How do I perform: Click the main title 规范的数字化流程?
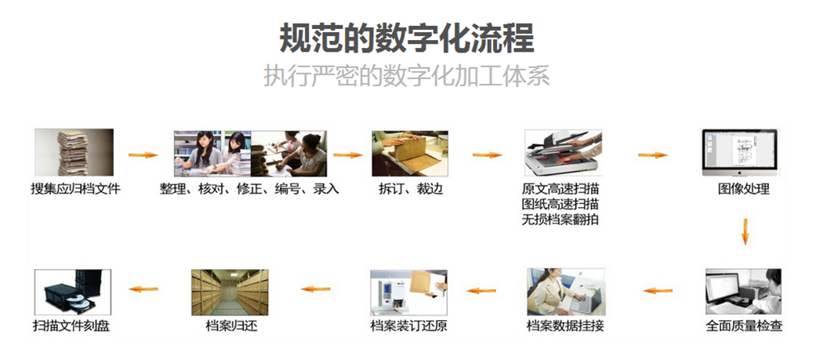pyautogui.click(x=407, y=38)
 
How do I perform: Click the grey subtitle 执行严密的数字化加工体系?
pyautogui.click(x=407, y=77)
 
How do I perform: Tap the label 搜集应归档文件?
pyautogui.click(x=75, y=188)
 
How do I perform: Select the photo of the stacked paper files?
pyautogui.click(x=74, y=152)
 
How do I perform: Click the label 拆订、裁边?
pyautogui.click(x=410, y=188)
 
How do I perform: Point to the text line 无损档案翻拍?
pyautogui.click(x=560, y=220)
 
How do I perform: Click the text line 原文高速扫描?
pyautogui.click(x=560, y=188)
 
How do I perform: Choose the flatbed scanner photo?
pyautogui.click(x=563, y=153)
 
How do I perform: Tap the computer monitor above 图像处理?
pyautogui.click(x=741, y=152)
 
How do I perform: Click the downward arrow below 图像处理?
pyautogui.click(x=745, y=231)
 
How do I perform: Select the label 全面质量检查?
pyautogui.click(x=744, y=325)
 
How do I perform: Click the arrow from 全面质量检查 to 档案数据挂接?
pyautogui.click(x=658, y=290)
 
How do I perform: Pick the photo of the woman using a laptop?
pyautogui.click(x=567, y=292)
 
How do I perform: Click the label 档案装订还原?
pyautogui.click(x=408, y=325)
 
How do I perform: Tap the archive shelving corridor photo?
pyautogui.click(x=230, y=292)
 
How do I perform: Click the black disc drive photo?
pyautogui.click(x=73, y=292)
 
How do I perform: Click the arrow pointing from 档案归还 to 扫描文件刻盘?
pyautogui.click(x=143, y=289)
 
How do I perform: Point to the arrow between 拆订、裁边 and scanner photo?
pyautogui.click(x=487, y=155)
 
